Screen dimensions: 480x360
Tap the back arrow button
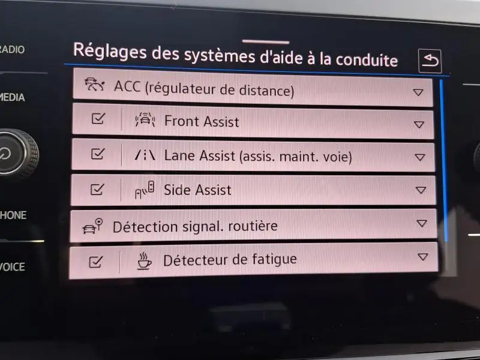click(430, 61)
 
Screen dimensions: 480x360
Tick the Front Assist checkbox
click(98, 118)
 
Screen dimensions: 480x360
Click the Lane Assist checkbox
click(98, 154)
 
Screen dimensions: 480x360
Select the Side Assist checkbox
click(97, 189)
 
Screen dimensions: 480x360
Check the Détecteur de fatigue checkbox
click(95, 262)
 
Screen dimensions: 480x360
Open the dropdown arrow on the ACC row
click(418, 92)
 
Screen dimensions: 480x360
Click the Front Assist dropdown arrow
click(419, 124)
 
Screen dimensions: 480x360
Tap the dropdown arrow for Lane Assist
click(419, 157)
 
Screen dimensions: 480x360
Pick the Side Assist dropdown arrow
click(421, 190)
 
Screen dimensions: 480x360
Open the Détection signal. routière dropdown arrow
click(422, 223)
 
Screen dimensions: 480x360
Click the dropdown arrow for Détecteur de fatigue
click(422, 257)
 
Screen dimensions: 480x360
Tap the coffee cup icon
click(144, 261)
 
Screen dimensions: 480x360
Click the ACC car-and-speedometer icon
click(95, 85)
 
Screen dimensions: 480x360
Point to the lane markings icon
click(145, 155)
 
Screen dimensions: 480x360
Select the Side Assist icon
click(145, 190)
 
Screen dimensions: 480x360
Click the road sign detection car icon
click(92, 226)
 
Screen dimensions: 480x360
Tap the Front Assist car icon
click(145, 119)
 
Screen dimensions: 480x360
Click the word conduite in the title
click(367, 60)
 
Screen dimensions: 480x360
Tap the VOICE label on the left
click(12, 267)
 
